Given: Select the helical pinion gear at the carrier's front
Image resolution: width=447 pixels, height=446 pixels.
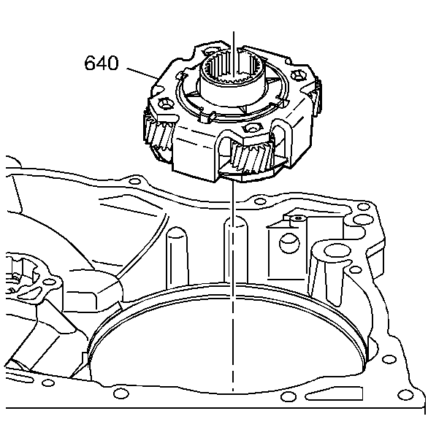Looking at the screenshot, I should (252, 156).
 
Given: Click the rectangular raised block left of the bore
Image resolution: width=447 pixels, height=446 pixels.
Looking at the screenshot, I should (91, 299).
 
